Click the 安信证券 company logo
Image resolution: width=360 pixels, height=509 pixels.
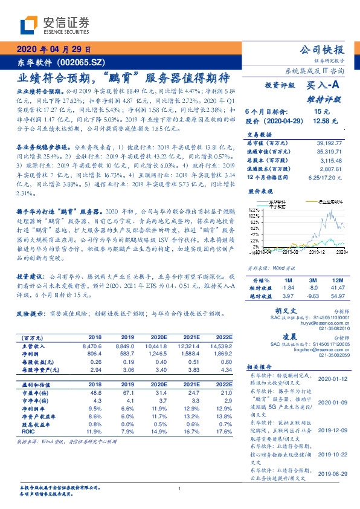54,25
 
